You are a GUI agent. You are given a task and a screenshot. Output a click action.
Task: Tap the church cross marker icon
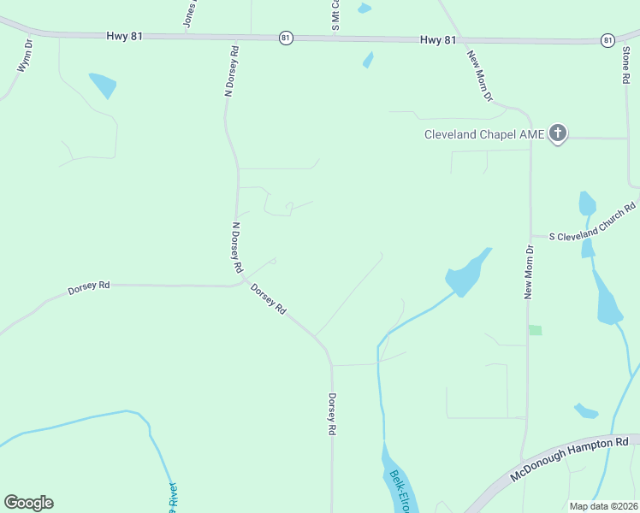558,133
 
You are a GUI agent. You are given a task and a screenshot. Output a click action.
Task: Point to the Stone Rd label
625,65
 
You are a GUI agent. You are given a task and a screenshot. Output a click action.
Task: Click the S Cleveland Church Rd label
593,222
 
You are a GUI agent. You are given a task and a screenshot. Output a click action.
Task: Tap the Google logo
28,503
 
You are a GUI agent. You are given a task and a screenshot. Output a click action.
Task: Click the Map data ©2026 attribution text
604,506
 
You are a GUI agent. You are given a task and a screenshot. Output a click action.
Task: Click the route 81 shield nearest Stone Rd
607,40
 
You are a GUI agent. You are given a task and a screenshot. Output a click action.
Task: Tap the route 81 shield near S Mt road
286,38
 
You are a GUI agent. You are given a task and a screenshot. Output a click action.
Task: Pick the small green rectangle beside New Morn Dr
536,330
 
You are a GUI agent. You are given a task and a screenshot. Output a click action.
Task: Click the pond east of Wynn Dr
103,85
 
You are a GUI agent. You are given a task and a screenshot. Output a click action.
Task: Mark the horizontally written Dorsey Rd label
89,289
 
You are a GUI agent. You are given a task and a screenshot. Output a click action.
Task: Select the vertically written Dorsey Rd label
331,416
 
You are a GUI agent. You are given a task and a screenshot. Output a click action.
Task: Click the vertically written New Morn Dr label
529,272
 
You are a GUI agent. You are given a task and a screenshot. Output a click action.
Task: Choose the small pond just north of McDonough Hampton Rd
586,411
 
